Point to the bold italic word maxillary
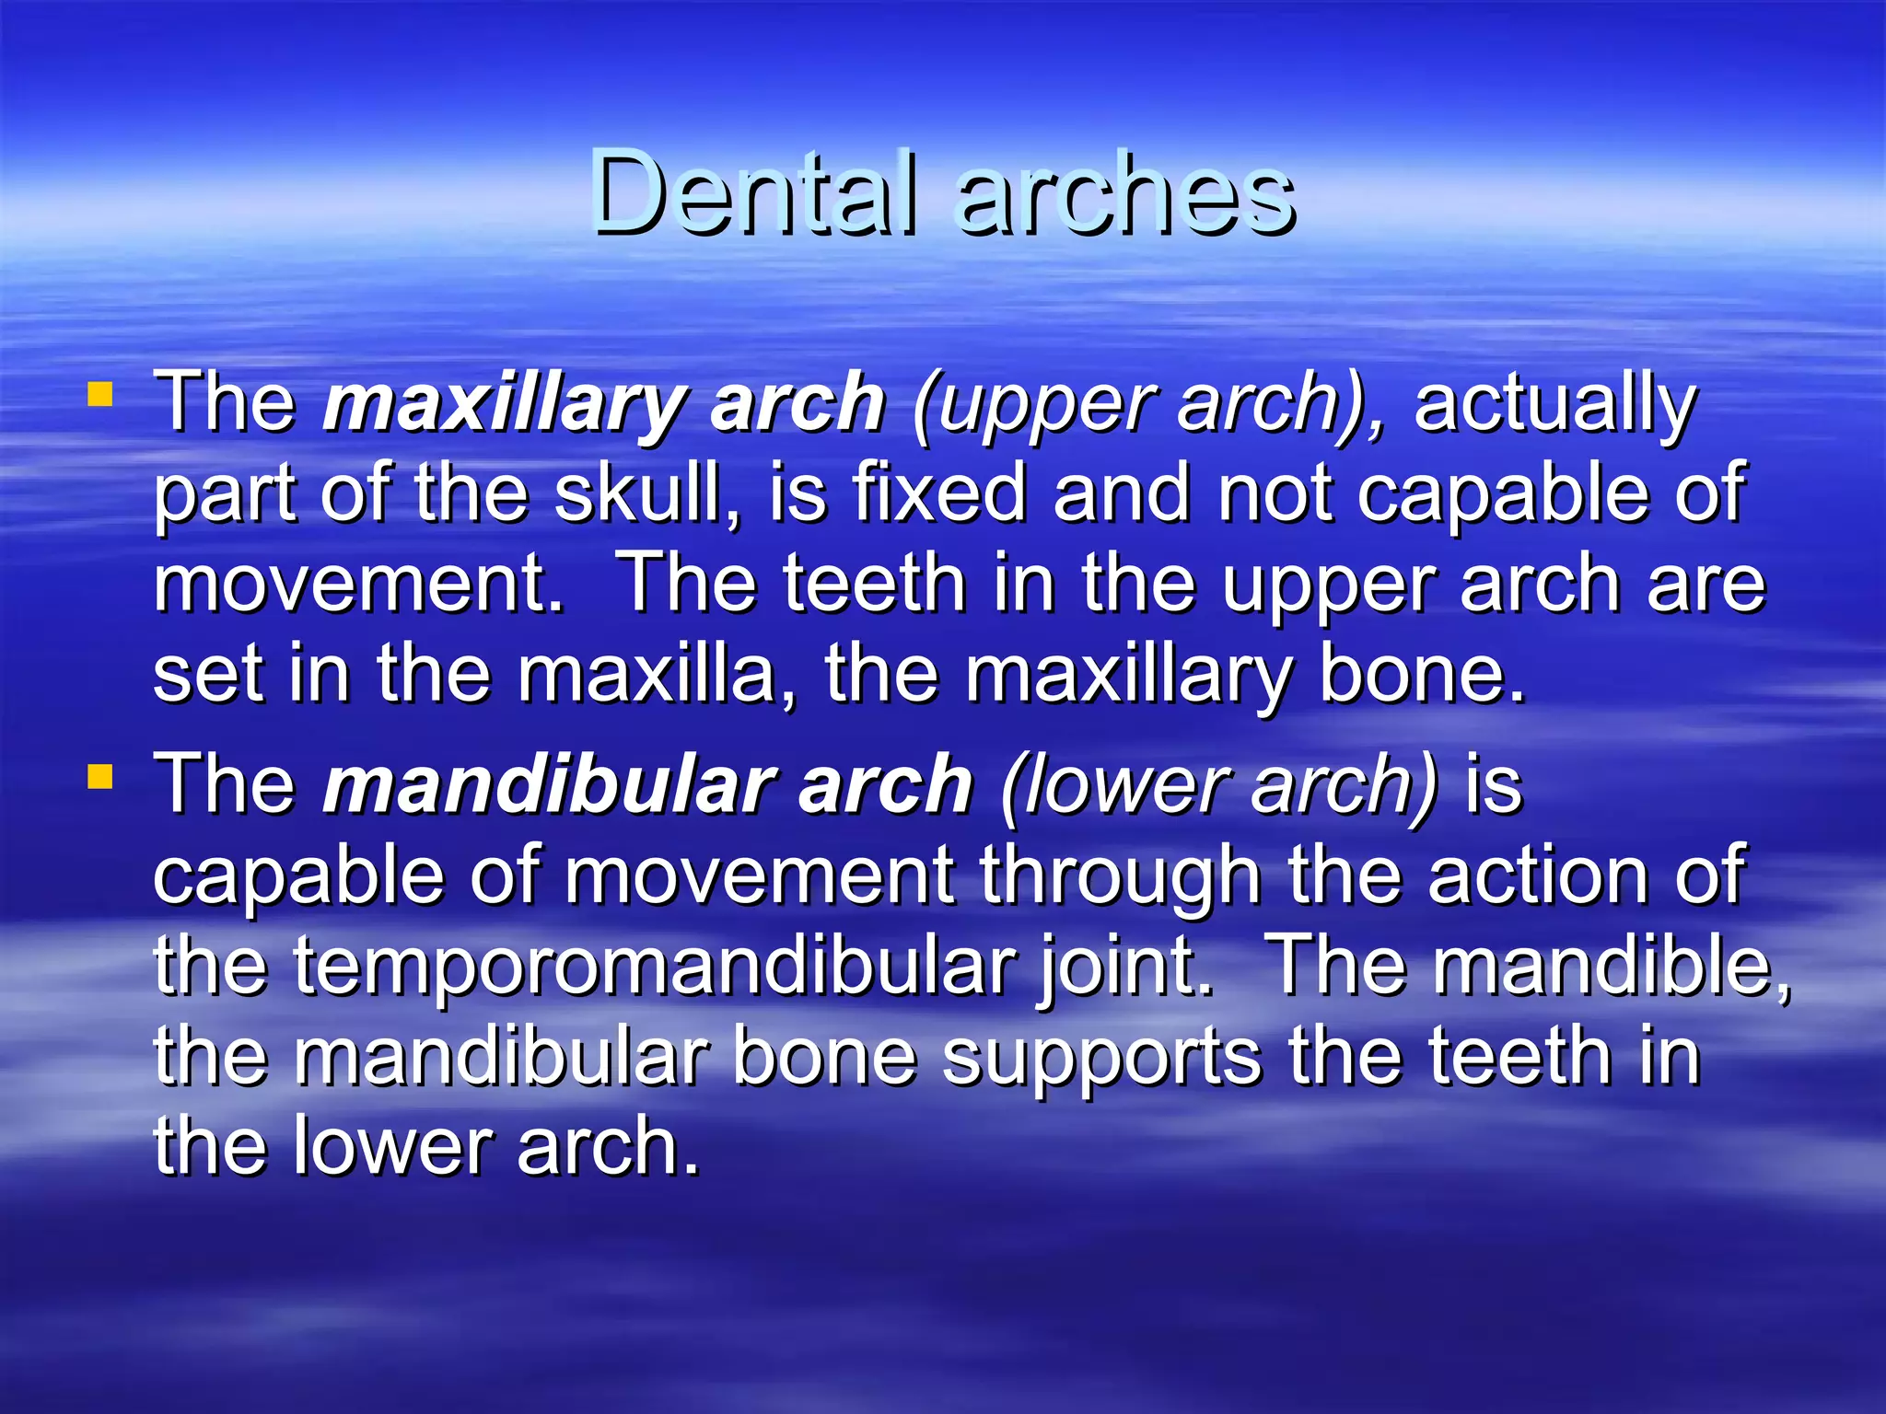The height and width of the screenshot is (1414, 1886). (502, 405)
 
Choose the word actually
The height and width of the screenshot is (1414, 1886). (1554, 405)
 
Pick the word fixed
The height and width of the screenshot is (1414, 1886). (939, 493)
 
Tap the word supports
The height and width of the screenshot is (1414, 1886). (1101, 1059)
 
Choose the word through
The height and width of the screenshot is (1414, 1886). (1119, 876)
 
